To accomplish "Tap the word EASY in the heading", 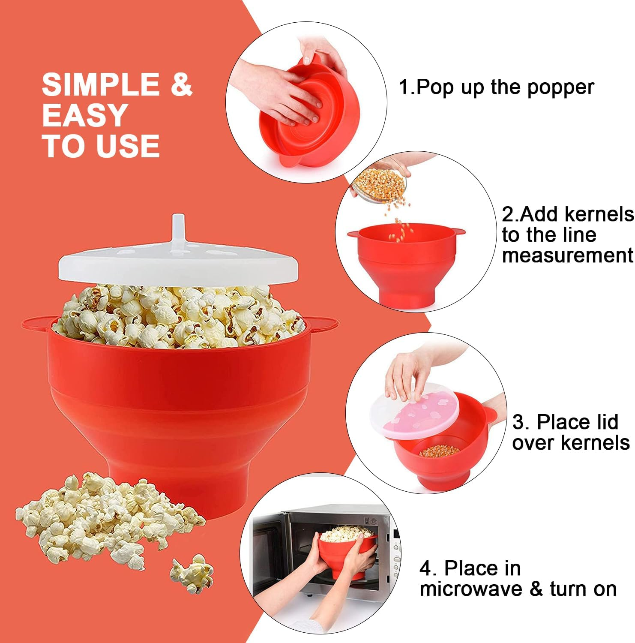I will pyautogui.click(x=85, y=115).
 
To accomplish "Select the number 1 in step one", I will pyautogui.click(x=404, y=87).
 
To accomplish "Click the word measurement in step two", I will pyautogui.click(x=567, y=255).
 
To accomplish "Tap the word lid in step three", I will pyautogui.click(x=603, y=422).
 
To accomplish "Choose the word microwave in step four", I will pyautogui.click(x=471, y=589).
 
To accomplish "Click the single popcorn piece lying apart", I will pyautogui.click(x=192, y=572).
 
